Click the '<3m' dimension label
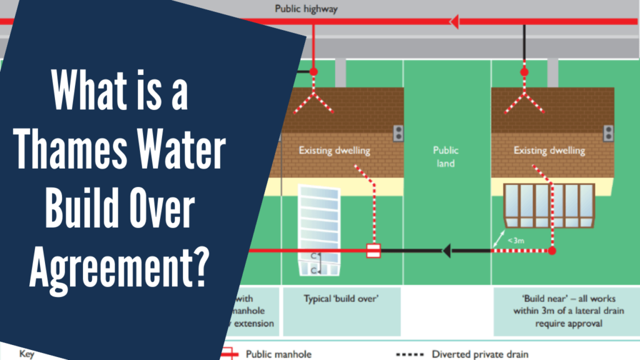point(516,240)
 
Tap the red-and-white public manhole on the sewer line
point(373,251)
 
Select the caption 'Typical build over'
point(341,299)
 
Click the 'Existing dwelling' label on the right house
point(549,151)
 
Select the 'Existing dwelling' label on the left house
point(334,151)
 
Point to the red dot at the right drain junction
point(552,251)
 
